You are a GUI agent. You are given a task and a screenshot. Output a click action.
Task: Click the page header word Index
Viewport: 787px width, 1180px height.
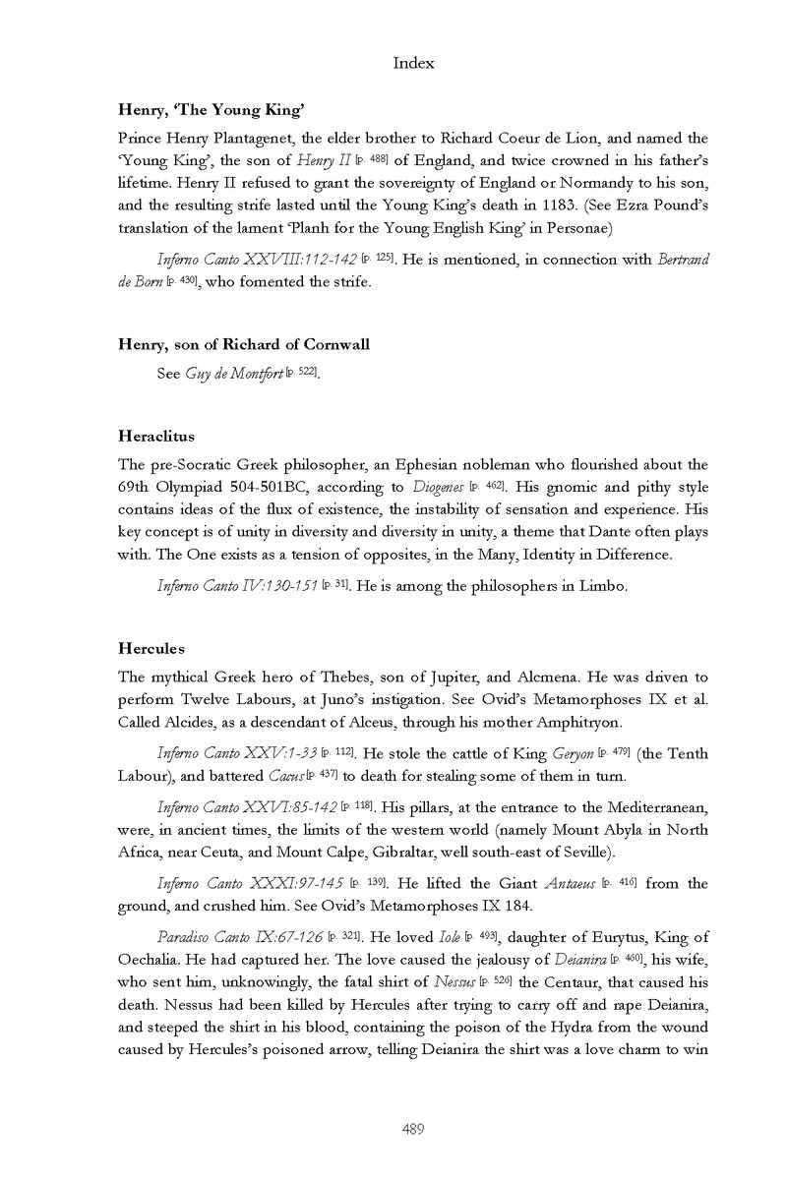(x=413, y=64)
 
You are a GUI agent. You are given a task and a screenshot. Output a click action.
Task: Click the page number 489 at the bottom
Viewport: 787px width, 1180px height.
(x=413, y=1130)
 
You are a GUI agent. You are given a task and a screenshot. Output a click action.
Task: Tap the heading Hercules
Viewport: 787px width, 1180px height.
(x=151, y=649)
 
